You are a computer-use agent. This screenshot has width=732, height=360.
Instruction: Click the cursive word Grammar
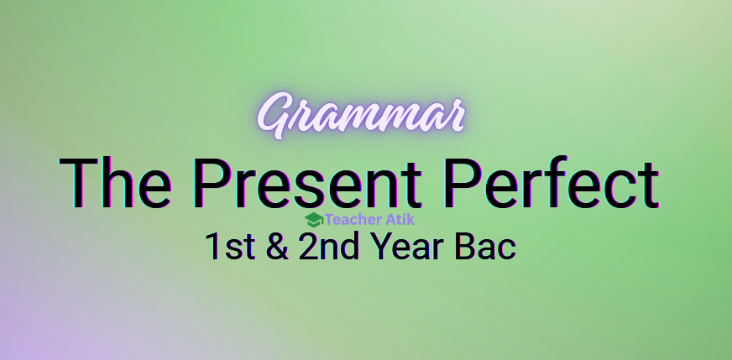point(361,117)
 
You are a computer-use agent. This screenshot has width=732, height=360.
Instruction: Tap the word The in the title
point(118,182)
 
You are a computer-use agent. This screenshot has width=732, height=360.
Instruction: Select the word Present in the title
point(311,182)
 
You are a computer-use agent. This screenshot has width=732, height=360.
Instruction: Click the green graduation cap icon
point(314,220)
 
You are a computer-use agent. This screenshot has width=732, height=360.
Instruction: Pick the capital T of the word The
point(77,182)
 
